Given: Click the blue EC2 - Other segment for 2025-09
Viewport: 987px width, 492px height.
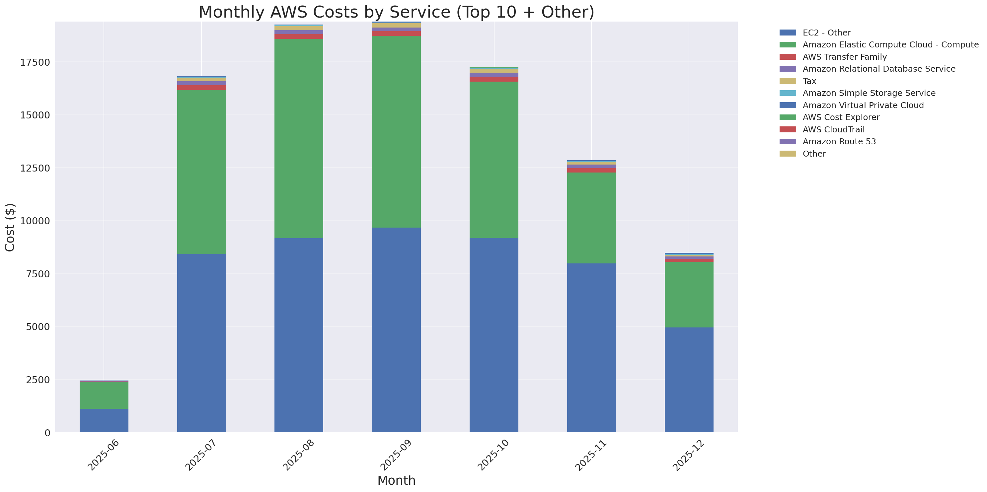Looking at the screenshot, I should point(396,330).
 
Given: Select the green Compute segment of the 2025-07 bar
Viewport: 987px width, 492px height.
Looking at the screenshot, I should point(201,172).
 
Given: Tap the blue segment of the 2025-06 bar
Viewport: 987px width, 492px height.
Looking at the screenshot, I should point(104,420).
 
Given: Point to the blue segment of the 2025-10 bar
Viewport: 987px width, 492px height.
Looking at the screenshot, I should point(494,335).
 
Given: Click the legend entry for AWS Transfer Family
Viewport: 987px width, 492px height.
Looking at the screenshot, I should point(845,57).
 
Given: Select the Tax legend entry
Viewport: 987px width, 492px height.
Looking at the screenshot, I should point(809,81).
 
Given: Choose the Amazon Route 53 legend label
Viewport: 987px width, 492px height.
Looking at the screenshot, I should point(839,142).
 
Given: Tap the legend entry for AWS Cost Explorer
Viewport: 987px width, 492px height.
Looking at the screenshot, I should point(841,117).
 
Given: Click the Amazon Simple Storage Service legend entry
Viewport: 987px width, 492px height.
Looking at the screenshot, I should point(869,93).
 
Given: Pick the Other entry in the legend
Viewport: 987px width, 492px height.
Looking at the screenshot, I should point(814,154).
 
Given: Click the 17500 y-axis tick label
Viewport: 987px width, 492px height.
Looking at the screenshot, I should point(35,62).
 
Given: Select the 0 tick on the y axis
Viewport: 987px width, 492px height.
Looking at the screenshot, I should point(47,433).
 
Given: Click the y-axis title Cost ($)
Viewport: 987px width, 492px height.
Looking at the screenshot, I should point(10,228).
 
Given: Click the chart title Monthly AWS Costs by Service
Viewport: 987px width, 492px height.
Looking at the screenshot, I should point(396,12).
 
